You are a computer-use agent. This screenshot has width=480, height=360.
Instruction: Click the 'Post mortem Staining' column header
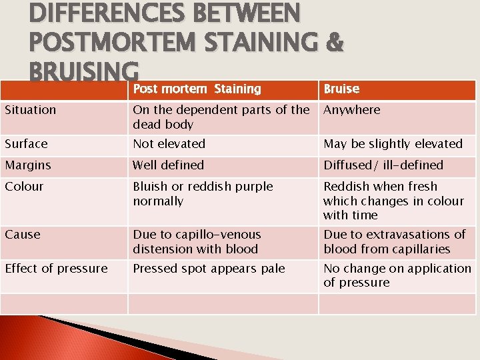[197, 89]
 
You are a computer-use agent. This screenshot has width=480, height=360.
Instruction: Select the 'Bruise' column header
[341, 89]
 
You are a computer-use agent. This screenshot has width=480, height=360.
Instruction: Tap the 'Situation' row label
[31, 110]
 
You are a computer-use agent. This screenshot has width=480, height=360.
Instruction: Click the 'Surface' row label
[26, 144]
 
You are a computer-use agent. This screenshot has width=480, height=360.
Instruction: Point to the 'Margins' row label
[27, 165]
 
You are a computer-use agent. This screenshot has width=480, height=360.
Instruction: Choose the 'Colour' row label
[24, 187]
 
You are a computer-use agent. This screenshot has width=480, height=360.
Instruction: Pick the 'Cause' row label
[23, 235]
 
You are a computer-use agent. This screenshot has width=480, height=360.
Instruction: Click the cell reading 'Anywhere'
[352, 110]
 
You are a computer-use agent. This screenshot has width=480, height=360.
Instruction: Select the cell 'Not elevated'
[169, 144]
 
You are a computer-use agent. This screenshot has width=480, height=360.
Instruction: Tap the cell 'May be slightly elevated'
[393, 144]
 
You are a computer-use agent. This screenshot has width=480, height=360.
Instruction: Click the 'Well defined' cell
[169, 165]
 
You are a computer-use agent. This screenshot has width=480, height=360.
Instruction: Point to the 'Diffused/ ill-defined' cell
[383, 165]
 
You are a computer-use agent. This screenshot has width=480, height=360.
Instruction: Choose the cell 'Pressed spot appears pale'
[209, 269]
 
